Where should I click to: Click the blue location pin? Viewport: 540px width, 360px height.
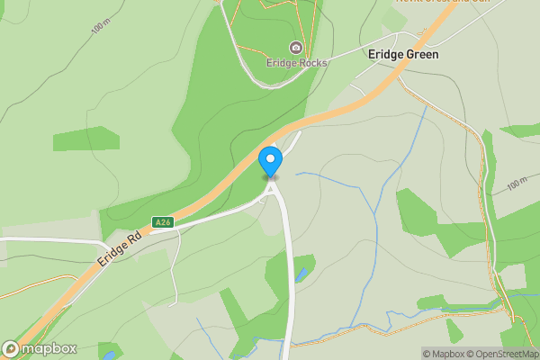(x=270, y=161)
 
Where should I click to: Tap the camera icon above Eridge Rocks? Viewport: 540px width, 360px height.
(x=296, y=48)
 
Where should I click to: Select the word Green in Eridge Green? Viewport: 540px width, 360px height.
(x=421, y=55)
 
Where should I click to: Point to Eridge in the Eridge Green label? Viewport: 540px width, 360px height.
(x=385, y=55)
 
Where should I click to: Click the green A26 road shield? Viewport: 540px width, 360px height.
(x=162, y=222)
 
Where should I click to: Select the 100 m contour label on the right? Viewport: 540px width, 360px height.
(x=517, y=185)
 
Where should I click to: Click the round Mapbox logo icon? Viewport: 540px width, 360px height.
(x=12, y=349)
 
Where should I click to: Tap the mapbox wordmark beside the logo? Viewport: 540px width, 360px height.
(x=49, y=349)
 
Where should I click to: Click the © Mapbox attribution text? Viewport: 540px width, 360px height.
(x=444, y=354)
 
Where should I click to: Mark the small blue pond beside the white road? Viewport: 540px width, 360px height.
(x=301, y=274)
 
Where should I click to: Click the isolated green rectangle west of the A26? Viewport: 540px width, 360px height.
(x=85, y=139)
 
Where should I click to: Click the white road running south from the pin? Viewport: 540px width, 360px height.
(x=290, y=270)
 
